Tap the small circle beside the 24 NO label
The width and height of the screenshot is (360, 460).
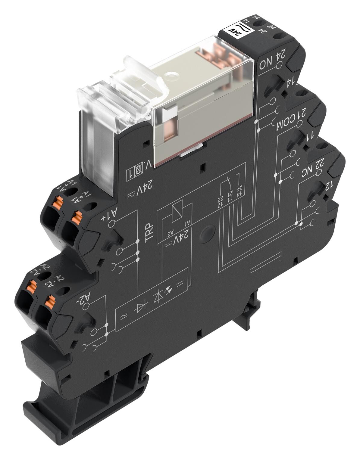tap(279, 65)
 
